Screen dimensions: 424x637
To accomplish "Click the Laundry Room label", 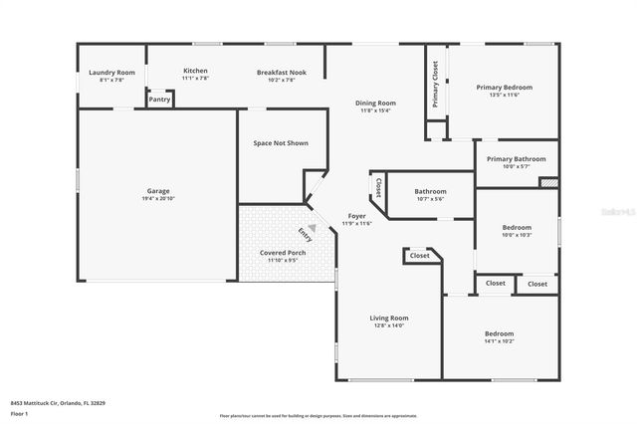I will click(x=111, y=73).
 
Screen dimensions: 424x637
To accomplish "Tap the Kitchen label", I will click(x=195, y=71).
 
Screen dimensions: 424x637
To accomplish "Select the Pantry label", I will click(x=159, y=99).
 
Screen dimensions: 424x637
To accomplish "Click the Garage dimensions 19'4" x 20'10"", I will click(x=158, y=199).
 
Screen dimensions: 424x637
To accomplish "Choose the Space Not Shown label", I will click(x=281, y=143).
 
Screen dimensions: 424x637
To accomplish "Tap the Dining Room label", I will click(x=376, y=103).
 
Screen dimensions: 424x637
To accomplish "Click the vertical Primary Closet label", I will click(x=435, y=84).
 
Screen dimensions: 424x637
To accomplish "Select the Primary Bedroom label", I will click(x=505, y=88).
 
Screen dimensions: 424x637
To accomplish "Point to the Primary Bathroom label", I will click(x=516, y=158).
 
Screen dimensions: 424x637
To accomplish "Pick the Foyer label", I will click(x=356, y=216).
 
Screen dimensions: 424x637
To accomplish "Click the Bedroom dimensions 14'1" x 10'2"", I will click(x=499, y=341).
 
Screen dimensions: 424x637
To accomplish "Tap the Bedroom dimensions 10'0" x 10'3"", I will click(x=516, y=235).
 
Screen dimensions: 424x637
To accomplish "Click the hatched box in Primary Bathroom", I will click(x=548, y=182).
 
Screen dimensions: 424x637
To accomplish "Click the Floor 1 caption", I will click(x=20, y=413).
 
